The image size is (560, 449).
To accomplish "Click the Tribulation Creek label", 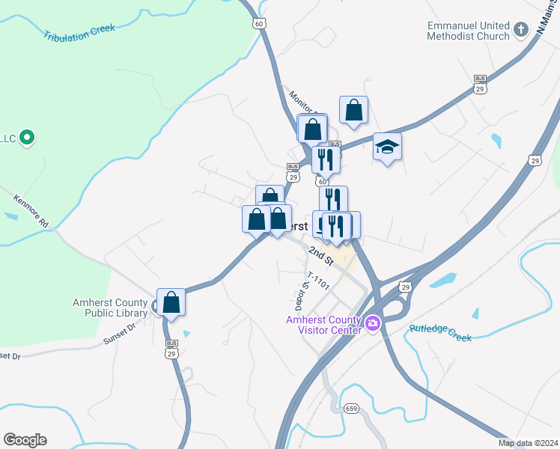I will click(x=79, y=32).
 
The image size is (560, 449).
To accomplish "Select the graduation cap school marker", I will click(x=387, y=147).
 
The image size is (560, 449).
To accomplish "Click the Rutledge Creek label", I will click(x=441, y=332).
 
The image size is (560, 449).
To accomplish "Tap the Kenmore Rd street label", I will click(x=31, y=211).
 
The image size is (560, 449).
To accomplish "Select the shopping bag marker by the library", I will click(x=171, y=302).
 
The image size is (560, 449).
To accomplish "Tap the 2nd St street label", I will click(x=321, y=256).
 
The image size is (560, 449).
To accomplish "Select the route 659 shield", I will click(x=351, y=408).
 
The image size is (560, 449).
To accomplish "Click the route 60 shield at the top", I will click(x=259, y=24).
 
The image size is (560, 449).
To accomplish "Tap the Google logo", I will click(x=25, y=440).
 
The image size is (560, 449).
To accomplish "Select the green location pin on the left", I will click(x=27, y=138).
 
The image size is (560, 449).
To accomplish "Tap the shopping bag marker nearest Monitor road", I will click(x=353, y=110).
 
